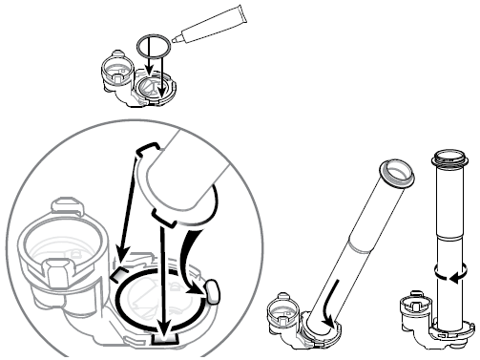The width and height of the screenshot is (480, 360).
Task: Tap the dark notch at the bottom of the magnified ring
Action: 163,337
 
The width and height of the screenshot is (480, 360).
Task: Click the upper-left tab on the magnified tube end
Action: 146,150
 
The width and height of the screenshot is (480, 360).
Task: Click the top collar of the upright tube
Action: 448,157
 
